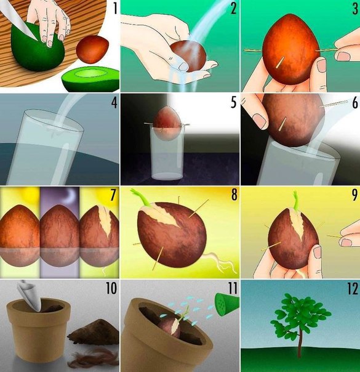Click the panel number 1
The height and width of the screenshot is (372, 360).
[115, 9]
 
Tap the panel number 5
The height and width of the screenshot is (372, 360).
[234, 103]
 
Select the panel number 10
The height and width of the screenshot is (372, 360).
[111, 288]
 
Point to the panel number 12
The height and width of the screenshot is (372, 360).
[353, 288]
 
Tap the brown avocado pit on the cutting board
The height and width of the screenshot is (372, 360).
[92, 49]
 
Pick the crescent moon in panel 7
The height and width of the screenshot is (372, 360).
[71, 197]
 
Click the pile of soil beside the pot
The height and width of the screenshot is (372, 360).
[94, 331]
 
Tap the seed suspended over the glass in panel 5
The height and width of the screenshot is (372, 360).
[167, 123]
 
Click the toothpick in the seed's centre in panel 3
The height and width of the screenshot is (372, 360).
[279, 62]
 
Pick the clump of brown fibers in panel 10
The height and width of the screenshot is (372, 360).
[94, 357]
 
